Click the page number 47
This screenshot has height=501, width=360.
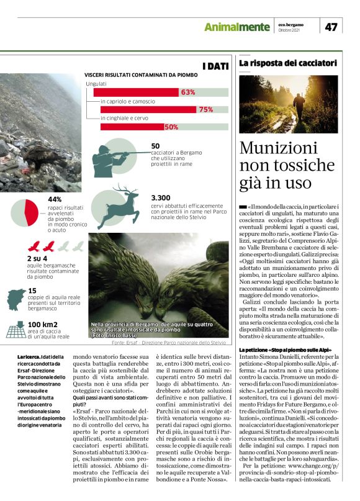pyautogui.click(x=331, y=27)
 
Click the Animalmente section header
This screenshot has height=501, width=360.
pyautogui.click(x=238, y=27)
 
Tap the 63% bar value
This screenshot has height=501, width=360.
pyautogui.click(x=187, y=93)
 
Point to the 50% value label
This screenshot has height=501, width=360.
pyautogui.click(x=171, y=127)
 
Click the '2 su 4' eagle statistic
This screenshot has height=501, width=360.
pyautogui.click(x=38, y=258)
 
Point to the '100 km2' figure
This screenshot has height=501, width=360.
pyautogui.click(x=43, y=325)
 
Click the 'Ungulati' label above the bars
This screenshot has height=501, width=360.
pyautogui.click(x=96, y=83)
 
